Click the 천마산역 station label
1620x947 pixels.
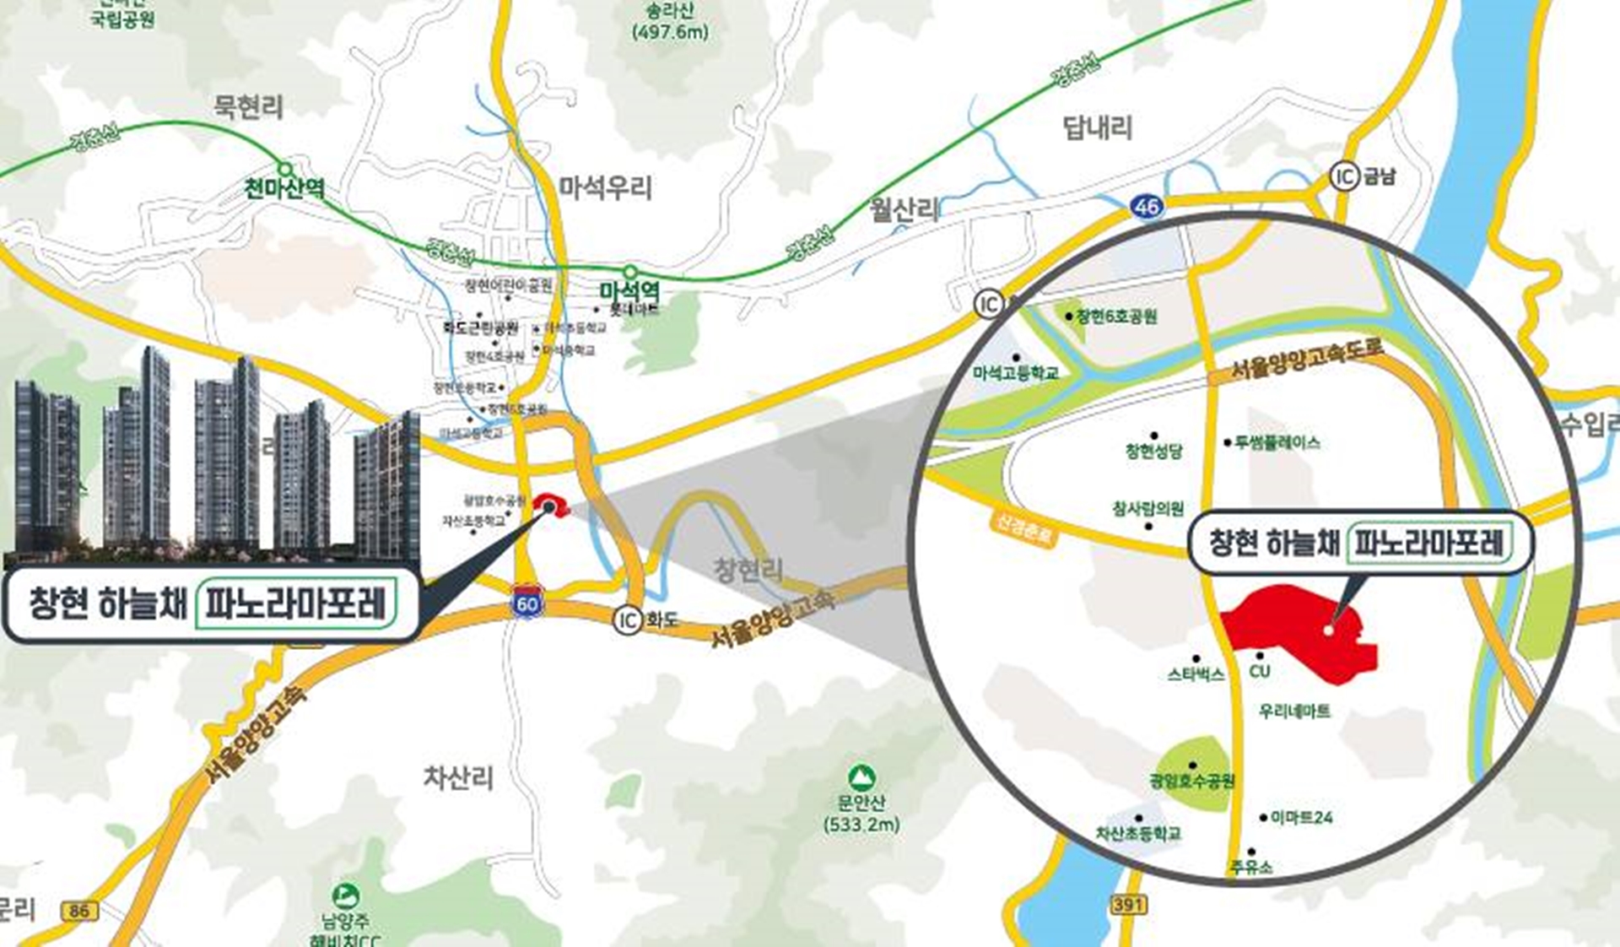click(284, 187)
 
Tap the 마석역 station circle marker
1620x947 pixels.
click(629, 271)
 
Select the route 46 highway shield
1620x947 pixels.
click(1147, 206)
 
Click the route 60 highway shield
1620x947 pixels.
click(527, 603)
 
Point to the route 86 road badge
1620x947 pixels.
click(79, 911)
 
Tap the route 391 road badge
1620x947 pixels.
click(1128, 905)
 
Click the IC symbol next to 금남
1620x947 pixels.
click(1343, 176)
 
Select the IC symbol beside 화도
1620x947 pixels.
click(628, 620)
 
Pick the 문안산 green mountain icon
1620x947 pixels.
click(861, 777)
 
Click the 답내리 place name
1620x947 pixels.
click(1097, 128)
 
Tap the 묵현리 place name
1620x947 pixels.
click(248, 107)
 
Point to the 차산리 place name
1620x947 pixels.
click(458, 777)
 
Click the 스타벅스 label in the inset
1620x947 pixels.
click(1196, 674)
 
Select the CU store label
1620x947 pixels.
click(1260, 671)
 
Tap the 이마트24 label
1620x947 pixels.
click(1301, 817)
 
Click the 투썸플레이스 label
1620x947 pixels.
click(1277, 442)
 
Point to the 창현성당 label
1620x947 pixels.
click(1153, 451)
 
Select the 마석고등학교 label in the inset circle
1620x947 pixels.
click(1016, 372)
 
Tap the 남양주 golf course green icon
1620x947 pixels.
click(345, 896)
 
